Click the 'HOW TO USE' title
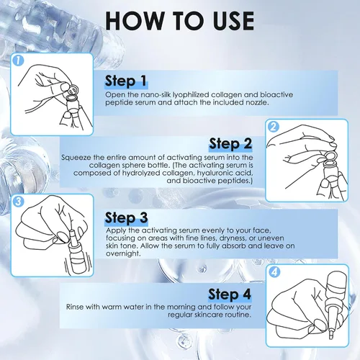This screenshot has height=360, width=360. click(180, 21)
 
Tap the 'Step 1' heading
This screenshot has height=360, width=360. click(125, 81)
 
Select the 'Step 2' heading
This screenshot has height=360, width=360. click(230, 144)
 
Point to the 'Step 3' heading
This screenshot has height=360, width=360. click(126, 218)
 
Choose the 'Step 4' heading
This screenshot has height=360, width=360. click(230, 294)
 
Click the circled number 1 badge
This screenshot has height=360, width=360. click(18, 60)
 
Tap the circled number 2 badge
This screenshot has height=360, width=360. click(273, 127)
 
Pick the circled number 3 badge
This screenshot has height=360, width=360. click(18, 201)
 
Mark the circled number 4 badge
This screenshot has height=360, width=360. click(274, 272)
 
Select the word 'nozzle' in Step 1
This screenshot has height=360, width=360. click(256, 102)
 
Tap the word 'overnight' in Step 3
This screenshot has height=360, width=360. click(122, 253)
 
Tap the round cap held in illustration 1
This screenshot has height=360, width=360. click(73, 89)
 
